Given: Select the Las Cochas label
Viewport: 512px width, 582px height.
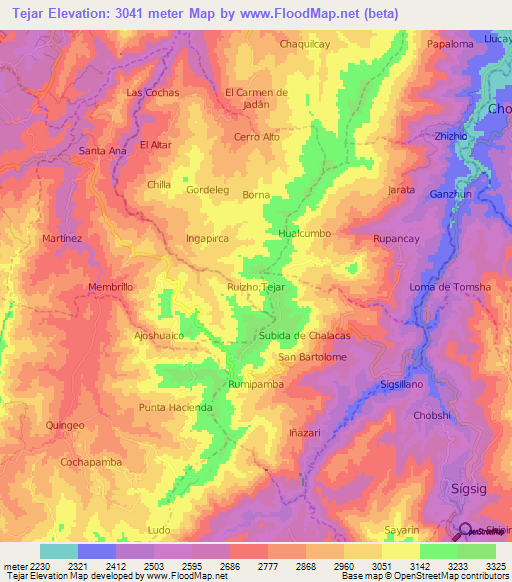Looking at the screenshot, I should click(x=152, y=92).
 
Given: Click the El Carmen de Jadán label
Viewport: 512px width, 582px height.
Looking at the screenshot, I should click(x=256, y=99).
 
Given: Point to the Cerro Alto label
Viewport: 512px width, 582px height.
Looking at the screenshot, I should click(x=256, y=137).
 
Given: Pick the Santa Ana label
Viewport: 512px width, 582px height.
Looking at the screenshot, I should click(x=102, y=151).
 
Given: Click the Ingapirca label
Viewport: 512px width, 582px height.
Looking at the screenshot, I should click(x=208, y=239).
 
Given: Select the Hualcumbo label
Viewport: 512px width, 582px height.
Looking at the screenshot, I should click(x=304, y=233).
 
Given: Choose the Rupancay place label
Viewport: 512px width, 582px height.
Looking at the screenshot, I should click(x=400, y=239).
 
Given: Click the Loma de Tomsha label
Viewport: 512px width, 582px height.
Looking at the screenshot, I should click(x=450, y=287).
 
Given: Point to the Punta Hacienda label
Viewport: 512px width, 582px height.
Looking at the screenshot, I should click(x=176, y=408).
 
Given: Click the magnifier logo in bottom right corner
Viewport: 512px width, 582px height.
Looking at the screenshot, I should click(x=466, y=531).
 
